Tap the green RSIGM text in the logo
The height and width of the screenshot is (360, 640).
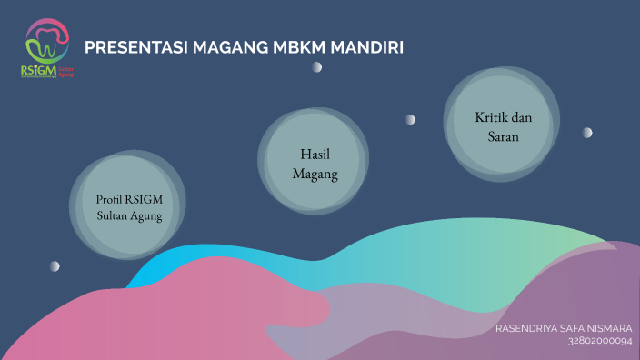coord(38,70)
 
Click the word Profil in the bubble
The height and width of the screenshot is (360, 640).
coord(109,199)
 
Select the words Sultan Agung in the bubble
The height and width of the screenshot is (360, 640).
coord(129,216)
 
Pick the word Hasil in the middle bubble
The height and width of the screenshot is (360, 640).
coord(314,154)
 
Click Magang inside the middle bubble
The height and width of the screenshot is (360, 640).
coord(314,174)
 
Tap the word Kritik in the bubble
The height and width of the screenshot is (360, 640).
coord(487,117)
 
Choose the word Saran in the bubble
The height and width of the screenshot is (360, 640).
coord(501,137)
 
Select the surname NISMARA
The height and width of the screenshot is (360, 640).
coord(615,328)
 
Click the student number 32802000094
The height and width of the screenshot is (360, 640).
coord(599,341)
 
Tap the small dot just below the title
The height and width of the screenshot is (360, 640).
coord(316,67)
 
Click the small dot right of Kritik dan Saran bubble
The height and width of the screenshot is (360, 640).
coord(587,133)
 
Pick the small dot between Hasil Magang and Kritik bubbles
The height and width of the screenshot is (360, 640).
coord(410,119)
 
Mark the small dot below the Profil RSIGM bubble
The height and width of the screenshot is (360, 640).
coord(55,265)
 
